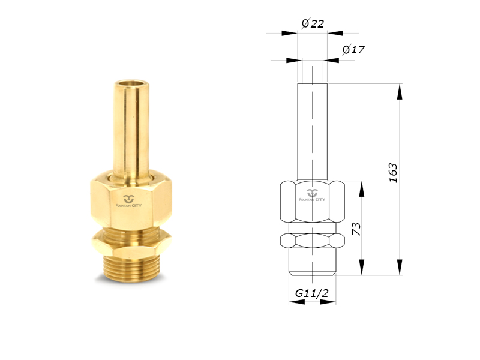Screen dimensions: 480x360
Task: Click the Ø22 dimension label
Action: [x=313, y=23]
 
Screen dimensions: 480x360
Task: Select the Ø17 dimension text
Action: [x=353, y=49]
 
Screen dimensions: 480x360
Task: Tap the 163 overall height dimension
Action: [x=393, y=173]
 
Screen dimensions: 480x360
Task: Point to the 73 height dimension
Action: [x=356, y=229]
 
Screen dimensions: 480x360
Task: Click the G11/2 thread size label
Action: [x=311, y=293]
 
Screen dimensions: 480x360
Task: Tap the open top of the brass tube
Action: [x=131, y=84]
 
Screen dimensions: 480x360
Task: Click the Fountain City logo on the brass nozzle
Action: [x=128, y=201]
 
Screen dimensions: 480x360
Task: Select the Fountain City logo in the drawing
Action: [x=312, y=195]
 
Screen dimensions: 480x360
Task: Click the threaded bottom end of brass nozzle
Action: [x=131, y=267]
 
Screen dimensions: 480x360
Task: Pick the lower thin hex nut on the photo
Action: [x=131, y=243]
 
